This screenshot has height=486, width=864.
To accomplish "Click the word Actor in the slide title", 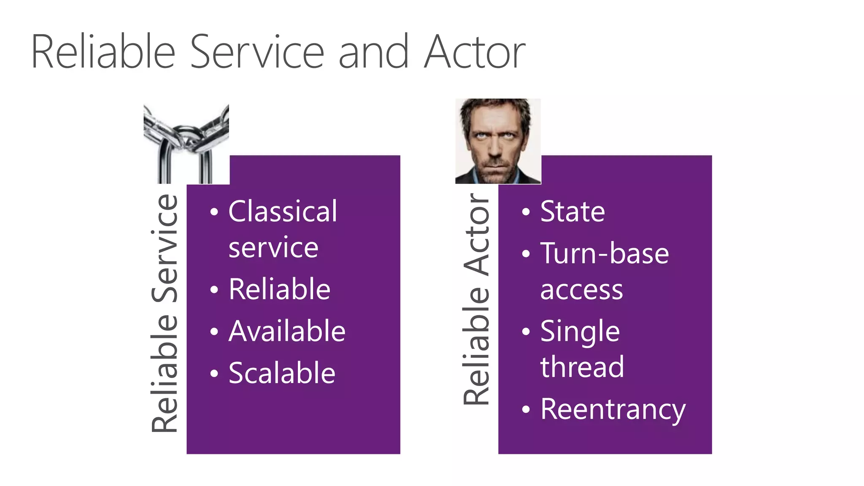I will (x=474, y=53).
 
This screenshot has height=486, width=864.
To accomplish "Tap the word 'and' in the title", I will (x=373, y=53).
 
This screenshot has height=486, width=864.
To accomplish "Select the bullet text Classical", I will (x=283, y=211).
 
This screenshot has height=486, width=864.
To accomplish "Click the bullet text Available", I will (x=287, y=331).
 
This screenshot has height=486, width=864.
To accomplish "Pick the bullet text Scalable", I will (x=282, y=373).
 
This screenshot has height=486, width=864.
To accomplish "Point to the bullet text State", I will (x=572, y=212).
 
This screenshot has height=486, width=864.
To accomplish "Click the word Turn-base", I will (x=604, y=254).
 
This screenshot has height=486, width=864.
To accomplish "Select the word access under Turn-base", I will (x=581, y=290).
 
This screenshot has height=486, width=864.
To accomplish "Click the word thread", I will (x=582, y=367).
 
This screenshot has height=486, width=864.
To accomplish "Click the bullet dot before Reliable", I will (x=214, y=290).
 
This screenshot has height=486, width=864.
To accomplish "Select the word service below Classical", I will (x=273, y=248).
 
